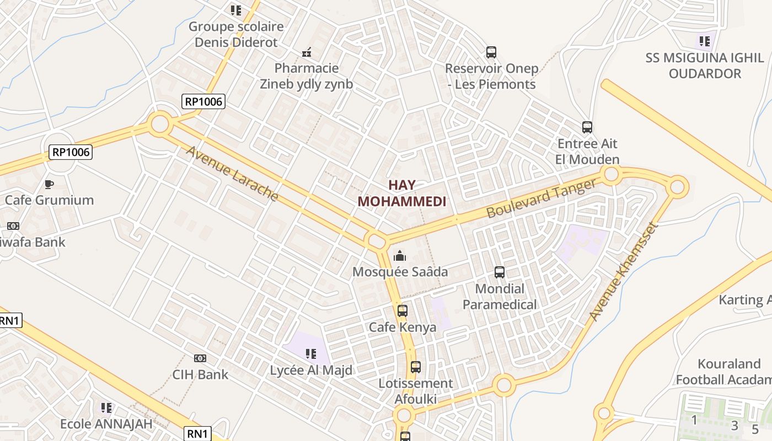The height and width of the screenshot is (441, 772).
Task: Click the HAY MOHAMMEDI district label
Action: pyautogui.click(x=401, y=193)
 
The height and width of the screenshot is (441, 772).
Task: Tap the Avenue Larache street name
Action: pyautogui.click(x=232, y=173)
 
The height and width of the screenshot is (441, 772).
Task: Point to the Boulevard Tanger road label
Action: pyautogui.click(x=542, y=198)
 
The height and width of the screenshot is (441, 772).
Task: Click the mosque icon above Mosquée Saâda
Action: pyautogui.click(x=400, y=256)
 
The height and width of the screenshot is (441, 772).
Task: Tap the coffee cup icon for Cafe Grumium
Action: pyautogui.click(x=49, y=184)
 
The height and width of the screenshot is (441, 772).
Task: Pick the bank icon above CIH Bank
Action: pyautogui.click(x=200, y=358)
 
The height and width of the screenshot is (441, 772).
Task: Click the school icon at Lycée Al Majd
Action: pyautogui.click(x=311, y=353)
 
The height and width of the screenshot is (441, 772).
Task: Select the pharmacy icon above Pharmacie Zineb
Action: pyautogui.click(x=307, y=53)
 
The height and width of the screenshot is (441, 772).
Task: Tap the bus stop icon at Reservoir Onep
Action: pyautogui.click(x=491, y=52)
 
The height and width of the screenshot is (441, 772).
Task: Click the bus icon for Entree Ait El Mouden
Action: pyautogui.click(x=587, y=127)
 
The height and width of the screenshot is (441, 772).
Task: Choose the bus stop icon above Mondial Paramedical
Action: pyautogui.click(x=500, y=272)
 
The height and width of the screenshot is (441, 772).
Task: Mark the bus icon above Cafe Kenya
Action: pyautogui.click(x=403, y=311)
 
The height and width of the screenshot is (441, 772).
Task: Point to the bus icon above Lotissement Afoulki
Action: pyautogui.click(x=416, y=367)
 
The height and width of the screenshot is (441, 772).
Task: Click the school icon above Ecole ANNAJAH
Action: pyautogui.click(x=106, y=408)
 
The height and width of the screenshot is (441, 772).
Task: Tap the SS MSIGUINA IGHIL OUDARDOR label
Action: pyautogui.click(x=705, y=66)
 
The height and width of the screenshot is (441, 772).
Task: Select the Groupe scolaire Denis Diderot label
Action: pyautogui.click(x=236, y=34)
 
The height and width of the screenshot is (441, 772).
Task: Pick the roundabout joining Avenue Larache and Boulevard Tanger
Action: pyautogui.click(x=376, y=241)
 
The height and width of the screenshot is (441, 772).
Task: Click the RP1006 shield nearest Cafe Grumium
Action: pyautogui.click(x=71, y=152)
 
